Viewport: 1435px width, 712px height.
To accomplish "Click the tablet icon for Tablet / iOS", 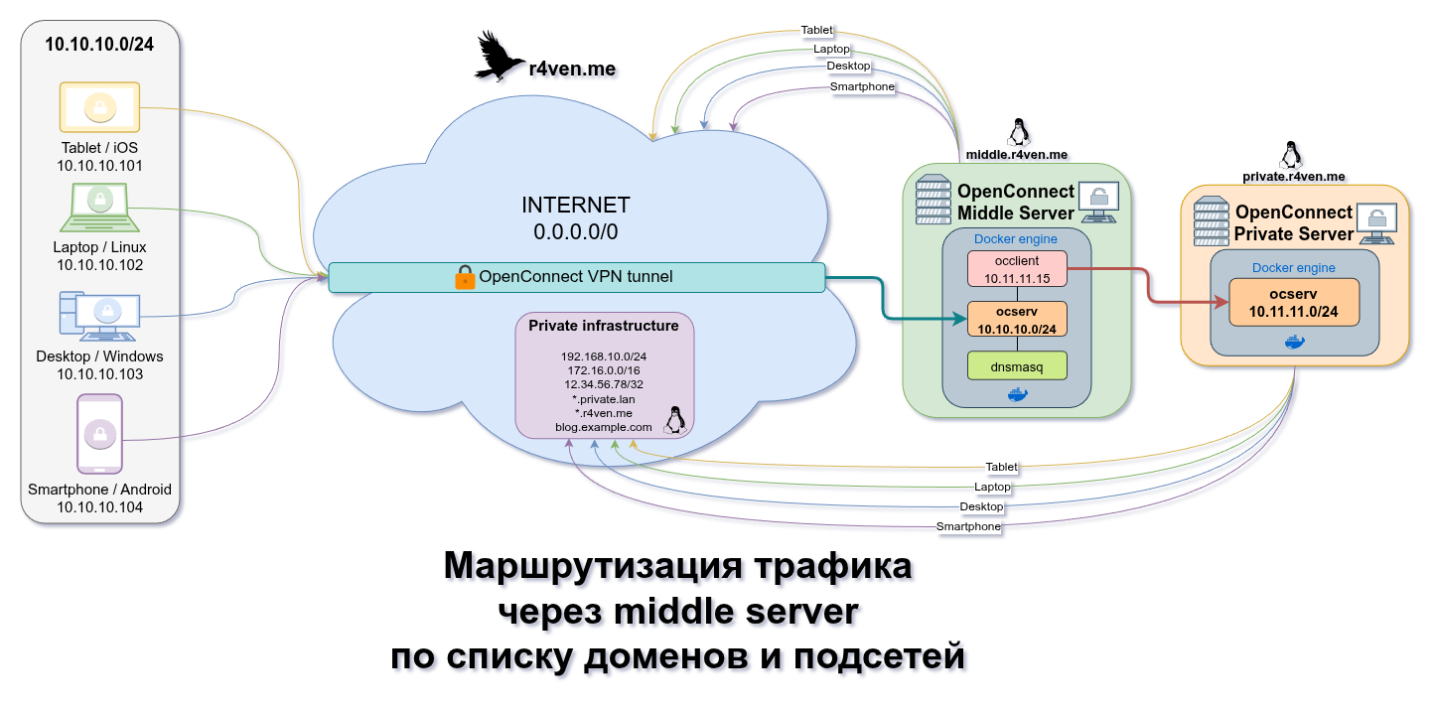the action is click(99, 107).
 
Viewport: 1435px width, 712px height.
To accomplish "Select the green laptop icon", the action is click(99, 208).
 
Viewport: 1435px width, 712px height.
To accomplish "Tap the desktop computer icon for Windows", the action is click(99, 317).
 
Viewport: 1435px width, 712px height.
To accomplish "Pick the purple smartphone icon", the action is click(99, 434).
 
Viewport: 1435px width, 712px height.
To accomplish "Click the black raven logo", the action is click(499, 57).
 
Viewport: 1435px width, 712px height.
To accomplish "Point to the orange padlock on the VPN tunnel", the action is click(465, 277).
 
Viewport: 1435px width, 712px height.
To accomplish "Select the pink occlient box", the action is click(1017, 269).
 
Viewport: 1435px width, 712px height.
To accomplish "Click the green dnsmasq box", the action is click(1017, 366).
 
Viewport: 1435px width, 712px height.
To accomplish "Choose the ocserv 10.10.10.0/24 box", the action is click(1017, 319).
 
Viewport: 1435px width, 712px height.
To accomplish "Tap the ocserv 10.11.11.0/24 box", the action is click(1293, 303).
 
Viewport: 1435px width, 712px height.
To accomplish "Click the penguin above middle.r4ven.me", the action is click(1017, 133).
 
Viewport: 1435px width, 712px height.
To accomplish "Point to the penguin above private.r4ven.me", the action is click(1291, 155).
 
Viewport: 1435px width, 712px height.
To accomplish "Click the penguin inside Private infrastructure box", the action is click(674, 420).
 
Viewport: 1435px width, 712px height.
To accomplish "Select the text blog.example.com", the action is click(604, 427).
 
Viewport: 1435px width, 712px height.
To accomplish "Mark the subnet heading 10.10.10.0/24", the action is click(99, 45).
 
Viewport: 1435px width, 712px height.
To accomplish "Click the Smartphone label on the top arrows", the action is click(862, 86).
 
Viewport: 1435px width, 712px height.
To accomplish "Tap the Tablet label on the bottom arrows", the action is click(1001, 467).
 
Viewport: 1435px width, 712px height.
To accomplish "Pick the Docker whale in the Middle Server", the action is click(1017, 394).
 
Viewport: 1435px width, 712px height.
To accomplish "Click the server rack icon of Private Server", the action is click(1211, 221).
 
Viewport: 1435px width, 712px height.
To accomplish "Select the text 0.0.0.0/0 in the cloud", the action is click(575, 231).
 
